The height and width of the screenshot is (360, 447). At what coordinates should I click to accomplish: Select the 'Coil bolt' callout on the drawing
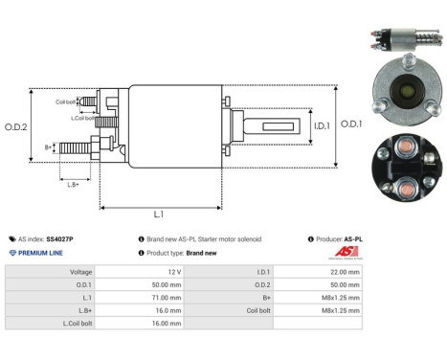[66, 100]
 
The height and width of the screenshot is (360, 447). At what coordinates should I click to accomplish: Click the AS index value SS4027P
[60, 238]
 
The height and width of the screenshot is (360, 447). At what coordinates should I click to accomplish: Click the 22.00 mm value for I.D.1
[342, 272]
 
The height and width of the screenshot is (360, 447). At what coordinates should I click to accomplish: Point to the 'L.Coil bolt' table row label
[76, 324]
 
